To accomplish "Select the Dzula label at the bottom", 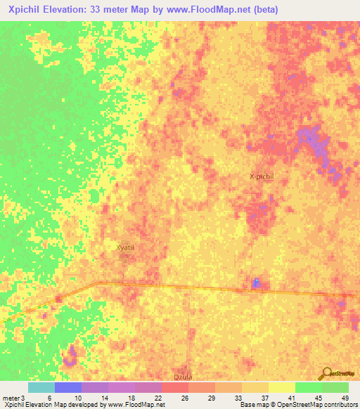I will click(x=181, y=377).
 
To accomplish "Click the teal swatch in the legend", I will click(x=41, y=387).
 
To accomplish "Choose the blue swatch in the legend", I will click(x=68, y=387).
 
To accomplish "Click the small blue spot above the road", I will click(x=256, y=283).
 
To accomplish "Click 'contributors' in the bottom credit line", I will click(x=340, y=405).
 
